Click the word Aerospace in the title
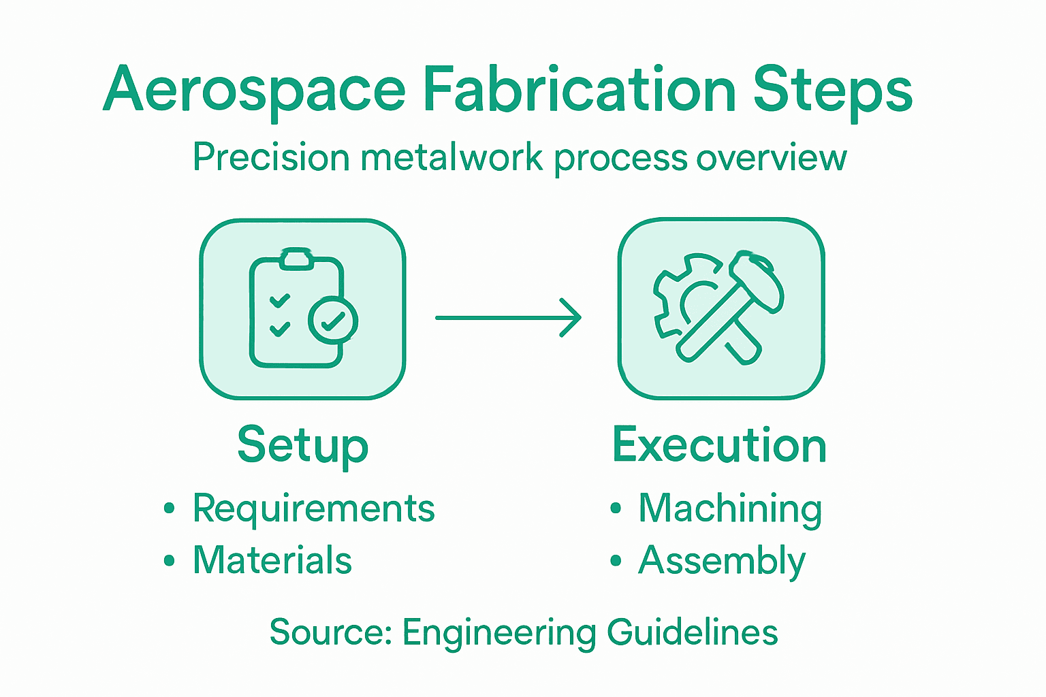click(255, 91)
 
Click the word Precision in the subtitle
click(270, 158)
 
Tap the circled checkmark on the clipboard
click(333, 319)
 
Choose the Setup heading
click(303, 446)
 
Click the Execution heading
click(719, 445)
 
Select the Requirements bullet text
click(314, 508)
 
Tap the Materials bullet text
click(272, 560)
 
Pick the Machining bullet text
click(730, 509)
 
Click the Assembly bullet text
click(722, 562)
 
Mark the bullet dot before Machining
click(616, 508)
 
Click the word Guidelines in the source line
click(692, 632)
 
